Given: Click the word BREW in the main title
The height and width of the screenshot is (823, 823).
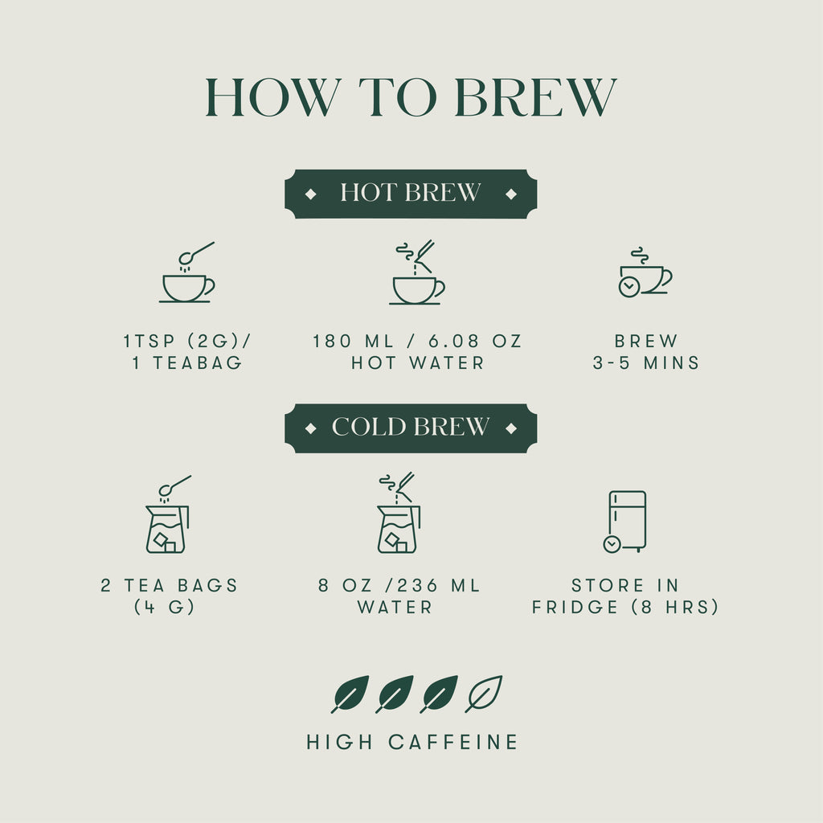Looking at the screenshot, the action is coord(535,97).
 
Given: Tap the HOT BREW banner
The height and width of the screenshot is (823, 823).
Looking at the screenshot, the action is coord(411,194).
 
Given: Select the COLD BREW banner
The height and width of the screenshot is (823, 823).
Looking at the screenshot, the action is coord(411,428).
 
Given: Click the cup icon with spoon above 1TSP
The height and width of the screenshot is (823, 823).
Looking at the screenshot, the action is coord(187,272).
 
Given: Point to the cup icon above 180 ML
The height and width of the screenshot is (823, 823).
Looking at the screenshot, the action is coord(417,272).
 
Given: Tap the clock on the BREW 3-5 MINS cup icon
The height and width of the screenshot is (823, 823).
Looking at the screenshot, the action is coord(629,287).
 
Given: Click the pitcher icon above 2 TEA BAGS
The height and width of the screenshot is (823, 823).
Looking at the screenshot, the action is coord(168,514).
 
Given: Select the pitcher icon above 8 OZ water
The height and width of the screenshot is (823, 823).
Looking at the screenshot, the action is coord(399,513).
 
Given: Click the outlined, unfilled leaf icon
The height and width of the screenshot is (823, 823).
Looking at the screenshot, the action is coord(484,694).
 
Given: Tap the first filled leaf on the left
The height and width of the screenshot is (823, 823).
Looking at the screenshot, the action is coord(350,694).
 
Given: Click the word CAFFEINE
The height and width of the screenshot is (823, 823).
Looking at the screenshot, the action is coord(453,742).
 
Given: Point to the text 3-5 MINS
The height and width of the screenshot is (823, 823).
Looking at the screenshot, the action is coord(646,362).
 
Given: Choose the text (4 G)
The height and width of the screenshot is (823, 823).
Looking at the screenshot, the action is coord(164,608).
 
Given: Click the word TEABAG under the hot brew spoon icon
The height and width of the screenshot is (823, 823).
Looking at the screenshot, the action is coord(198,362).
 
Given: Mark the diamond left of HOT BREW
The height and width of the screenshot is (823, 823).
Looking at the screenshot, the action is coord(311,194).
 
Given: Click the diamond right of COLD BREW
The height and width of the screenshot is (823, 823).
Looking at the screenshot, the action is coord(510,429).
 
